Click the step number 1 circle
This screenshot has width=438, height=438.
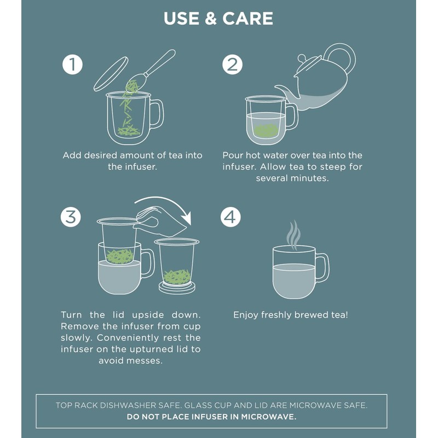pos(72,65)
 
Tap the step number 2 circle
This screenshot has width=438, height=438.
pos(232,65)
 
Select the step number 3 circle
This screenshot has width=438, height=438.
pos(71,217)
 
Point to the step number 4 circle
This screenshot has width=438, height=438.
pos(230,217)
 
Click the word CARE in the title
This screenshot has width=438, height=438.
pos(248,19)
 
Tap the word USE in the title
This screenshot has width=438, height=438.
pos(182,19)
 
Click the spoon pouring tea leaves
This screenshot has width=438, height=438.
pos(151,70)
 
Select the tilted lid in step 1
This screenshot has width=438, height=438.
pos(111,74)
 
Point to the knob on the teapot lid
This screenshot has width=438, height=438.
pos(302,59)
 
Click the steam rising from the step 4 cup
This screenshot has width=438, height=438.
pos(294,235)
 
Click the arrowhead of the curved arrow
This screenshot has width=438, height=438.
pos(186,218)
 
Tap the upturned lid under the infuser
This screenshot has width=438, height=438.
pos(177,288)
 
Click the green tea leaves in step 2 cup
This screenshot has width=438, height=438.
pos(266,131)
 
